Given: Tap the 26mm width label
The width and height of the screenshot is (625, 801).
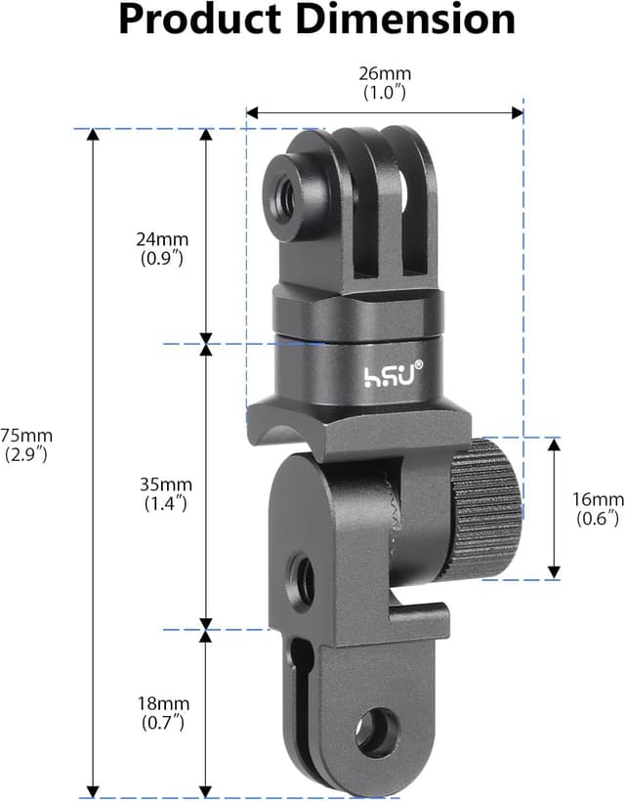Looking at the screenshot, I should point(384,73).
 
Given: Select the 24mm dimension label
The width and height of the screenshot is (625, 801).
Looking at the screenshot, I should point(163,239).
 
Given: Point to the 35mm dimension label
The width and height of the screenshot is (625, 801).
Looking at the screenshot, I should point(163,485).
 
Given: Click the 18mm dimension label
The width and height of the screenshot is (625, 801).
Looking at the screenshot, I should point(163,703).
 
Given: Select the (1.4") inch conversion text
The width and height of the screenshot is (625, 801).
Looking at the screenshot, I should point(163,504).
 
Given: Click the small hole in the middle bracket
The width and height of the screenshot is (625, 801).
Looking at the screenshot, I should point(300,569).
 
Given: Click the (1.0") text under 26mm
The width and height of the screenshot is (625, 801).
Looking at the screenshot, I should point(384,93).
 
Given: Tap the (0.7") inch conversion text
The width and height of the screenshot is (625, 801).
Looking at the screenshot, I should point(163,723).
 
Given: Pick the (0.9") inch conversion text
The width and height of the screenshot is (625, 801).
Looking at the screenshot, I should point(163,259).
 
